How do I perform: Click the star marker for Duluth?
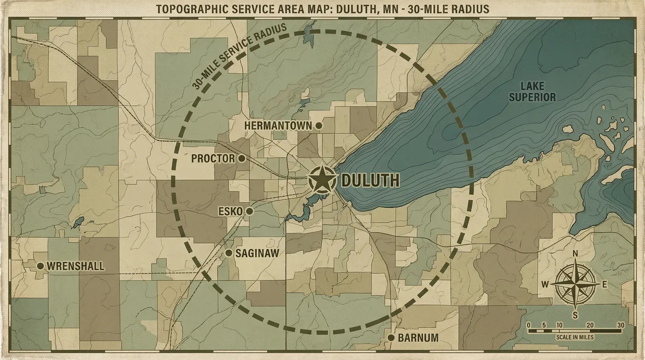(x=322, y=180)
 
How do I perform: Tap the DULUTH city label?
(x=370, y=181)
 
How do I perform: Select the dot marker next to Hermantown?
(x=318, y=126)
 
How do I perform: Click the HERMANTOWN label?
(x=278, y=126)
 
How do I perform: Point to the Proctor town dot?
(x=241, y=158)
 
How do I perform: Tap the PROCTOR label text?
(x=213, y=158)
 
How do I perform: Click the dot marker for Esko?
(x=249, y=211)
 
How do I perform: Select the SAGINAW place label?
(x=257, y=254)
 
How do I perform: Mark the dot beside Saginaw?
(x=229, y=253)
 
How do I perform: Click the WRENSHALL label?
(x=75, y=266)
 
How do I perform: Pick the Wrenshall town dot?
(x=40, y=266)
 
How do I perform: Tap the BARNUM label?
(x=418, y=338)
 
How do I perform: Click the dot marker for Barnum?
(x=391, y=338)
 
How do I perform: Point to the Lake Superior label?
(x=532, y=92)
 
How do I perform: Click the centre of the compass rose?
(x=575, y=284)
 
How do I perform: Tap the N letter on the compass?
(x=575, y=254)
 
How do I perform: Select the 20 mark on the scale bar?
(x=590, y=325)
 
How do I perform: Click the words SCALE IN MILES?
(x=574, y=337)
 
